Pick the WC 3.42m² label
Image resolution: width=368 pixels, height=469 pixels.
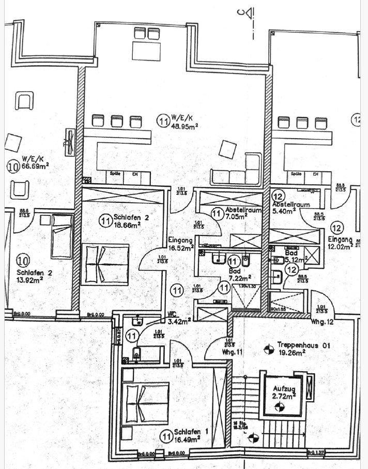(179, 317)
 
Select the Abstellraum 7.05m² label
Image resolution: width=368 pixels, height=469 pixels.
(238, 214)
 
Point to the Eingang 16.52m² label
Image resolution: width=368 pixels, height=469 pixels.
(180, 244)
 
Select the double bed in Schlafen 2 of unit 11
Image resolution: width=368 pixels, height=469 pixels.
(105, 263)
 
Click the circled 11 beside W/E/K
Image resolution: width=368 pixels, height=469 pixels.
(163, 121)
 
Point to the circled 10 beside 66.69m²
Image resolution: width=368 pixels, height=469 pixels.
(13, 167)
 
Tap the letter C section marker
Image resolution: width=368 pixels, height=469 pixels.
(241, 14)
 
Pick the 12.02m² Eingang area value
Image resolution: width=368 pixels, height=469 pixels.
(341, 247)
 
